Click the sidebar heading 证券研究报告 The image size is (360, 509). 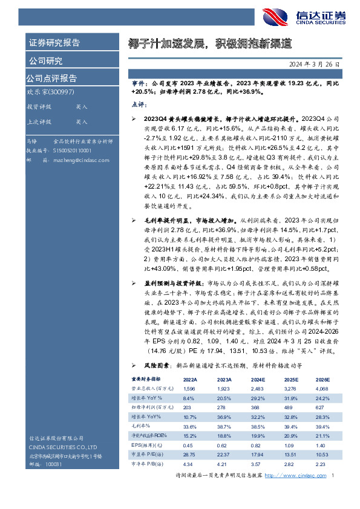pos(54,43)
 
